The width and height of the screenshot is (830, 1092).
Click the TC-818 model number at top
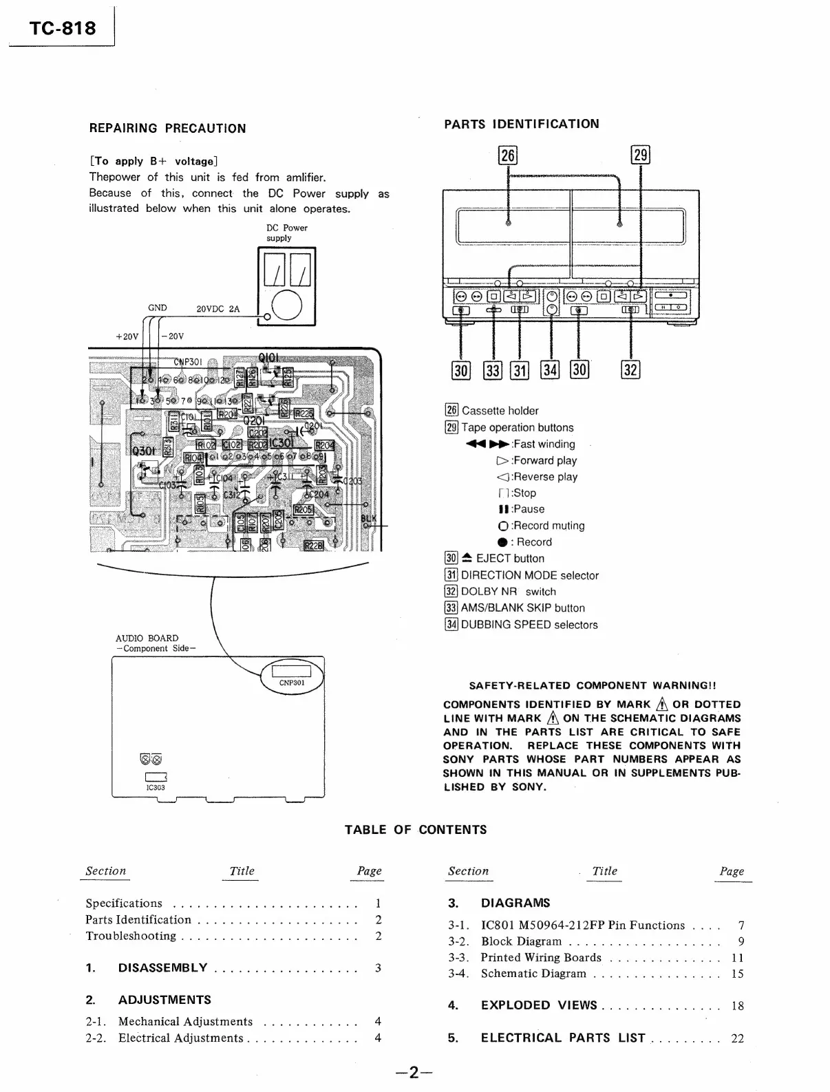tap(63, 28)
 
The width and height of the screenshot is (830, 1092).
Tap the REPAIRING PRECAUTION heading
tap(167, 128)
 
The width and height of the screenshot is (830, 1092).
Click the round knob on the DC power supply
tap(286, 307)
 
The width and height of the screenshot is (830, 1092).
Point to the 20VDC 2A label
tap(218, 309)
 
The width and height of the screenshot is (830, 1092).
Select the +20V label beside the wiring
tap(127, 336)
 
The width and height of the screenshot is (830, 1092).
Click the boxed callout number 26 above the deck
tap(508, 156)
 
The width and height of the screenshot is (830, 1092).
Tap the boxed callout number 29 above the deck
tap(640, 155)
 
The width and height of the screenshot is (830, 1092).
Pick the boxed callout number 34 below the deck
tap(550, 370)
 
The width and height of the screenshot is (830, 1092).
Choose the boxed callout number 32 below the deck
tap(630, 370)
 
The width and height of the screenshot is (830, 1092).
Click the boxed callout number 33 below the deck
tap(493, 370)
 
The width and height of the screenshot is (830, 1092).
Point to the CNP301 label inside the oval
tap(292, 683)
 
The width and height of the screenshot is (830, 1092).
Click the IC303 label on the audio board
tap(156, 788)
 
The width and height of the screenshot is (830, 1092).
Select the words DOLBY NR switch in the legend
tap(508, 592)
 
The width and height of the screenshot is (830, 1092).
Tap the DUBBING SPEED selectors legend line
tap(529, 625)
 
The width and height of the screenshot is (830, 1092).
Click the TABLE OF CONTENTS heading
tap(416, 830)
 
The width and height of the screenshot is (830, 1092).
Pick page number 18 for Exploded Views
tap(737, 1006)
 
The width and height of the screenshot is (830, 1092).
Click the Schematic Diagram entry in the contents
tap(533, 974)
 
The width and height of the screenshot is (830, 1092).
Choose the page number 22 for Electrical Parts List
tap(737, 1038)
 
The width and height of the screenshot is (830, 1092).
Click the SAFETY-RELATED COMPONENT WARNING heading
tap(592, 685)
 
